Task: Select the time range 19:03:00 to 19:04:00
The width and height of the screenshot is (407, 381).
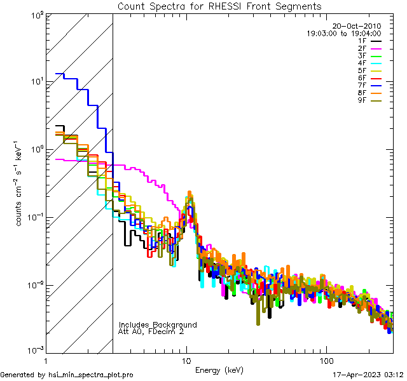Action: (x=343, y=34)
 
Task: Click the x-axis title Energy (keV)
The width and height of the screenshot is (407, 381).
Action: (x=219, y=370)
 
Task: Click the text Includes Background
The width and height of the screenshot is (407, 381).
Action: (x=158, y=324)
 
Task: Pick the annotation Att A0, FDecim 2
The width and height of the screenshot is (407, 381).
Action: (x=151, y=331)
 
